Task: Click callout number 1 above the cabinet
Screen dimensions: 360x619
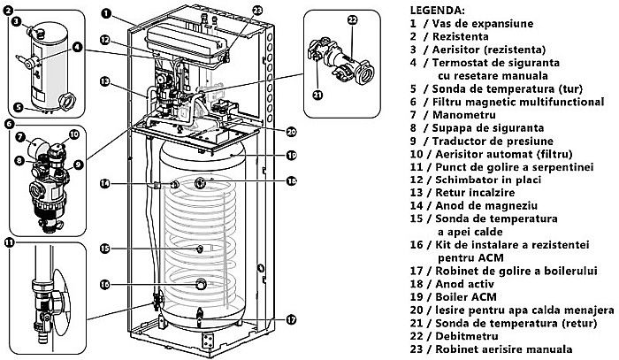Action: point(107,13)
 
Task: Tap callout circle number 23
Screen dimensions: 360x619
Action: point(233,11)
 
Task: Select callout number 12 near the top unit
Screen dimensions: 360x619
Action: point(104,40)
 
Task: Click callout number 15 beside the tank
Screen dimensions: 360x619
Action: point(104,249)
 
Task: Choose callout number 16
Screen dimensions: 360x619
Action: point(104,285)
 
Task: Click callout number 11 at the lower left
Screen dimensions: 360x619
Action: point(10,241)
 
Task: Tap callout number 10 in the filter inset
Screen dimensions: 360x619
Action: point(74,134)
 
